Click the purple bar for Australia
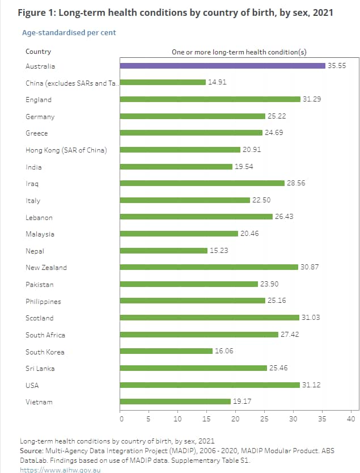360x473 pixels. (222, 66)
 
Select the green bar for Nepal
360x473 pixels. (164, 251)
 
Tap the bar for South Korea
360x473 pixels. (166, 352)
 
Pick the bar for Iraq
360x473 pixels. (202, 183)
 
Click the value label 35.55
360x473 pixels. (335, 66)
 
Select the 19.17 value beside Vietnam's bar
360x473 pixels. (242, 402)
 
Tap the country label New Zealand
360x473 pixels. (46, 268)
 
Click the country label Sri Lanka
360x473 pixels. (41, 369)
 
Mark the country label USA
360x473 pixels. (32, 385)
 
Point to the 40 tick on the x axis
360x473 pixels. (351, 419)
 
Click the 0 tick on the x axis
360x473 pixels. (121, 419)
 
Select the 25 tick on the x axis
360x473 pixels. (265, 419)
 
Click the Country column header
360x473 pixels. (38, 52)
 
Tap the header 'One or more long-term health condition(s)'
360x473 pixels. (239, 52)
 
